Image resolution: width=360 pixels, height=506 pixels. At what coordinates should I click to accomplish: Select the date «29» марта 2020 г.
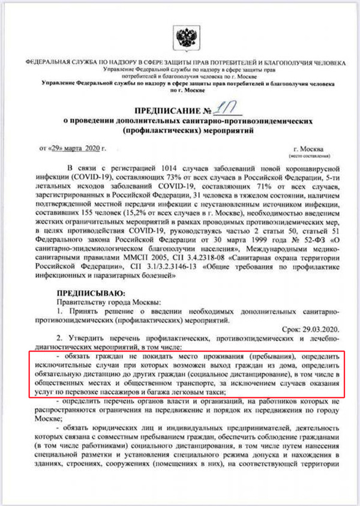click(72, 147)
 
